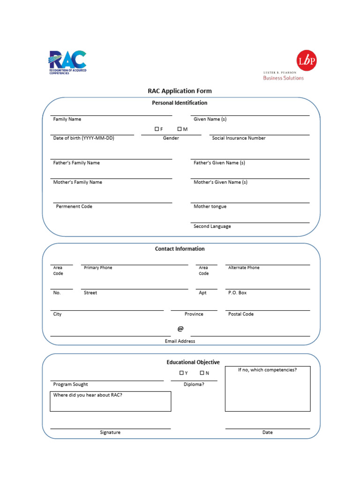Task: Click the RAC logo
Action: [67, 62]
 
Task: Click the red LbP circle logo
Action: [307, 61]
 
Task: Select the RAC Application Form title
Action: [180, 91]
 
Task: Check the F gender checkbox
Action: [157, 129]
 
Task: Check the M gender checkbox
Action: [180, 129]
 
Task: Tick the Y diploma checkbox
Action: [181, 373]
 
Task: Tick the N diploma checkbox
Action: [202, 373]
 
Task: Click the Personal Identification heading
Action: [180, 103]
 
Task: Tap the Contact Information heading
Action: [180, 249]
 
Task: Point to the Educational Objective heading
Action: [193, 362]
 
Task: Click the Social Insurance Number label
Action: [239, 138]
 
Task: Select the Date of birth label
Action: [83, 138]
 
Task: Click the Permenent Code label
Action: [74, 207]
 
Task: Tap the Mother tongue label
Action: [210, 207]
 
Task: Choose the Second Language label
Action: [212, 226]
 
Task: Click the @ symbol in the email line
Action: [180, 329]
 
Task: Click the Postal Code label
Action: [241, 314]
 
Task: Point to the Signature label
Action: [110, 433]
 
